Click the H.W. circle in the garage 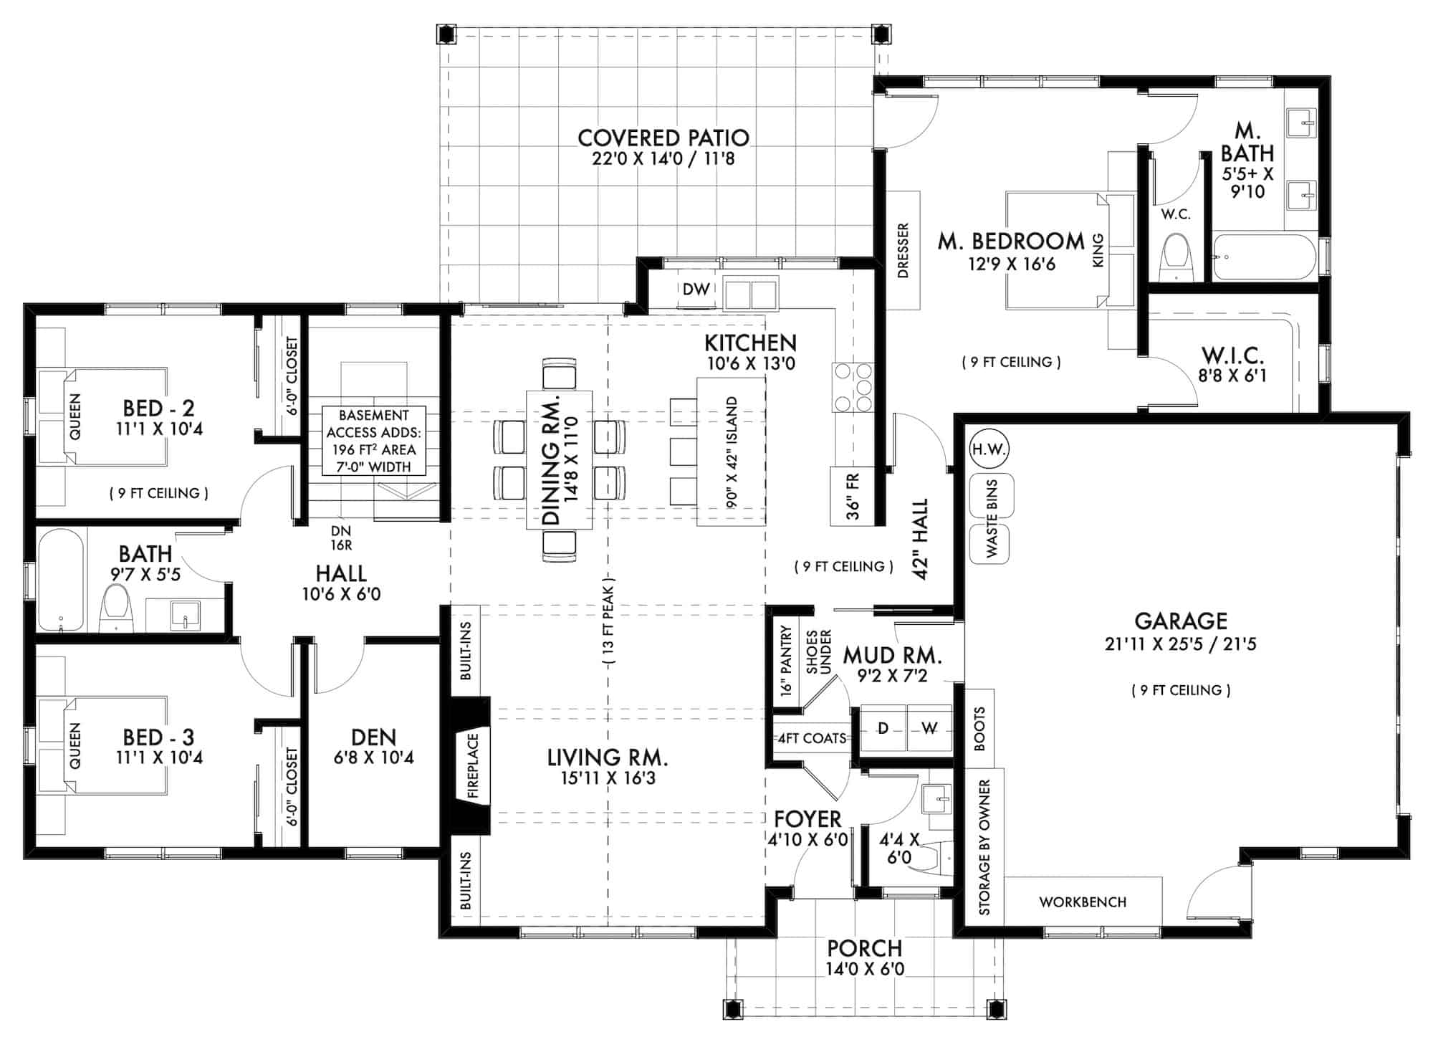(989, 450)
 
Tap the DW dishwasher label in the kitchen (696, 290)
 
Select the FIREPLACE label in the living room (472, 765)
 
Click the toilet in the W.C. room (1176, 257)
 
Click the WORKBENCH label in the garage (1082, 902)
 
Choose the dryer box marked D (883, 729)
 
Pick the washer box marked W (929, 729)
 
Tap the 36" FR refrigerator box (853, 496)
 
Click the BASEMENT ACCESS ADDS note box (373, 441)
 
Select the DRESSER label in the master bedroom (903, 250)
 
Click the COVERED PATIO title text (663, 138)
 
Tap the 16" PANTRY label (787, 661)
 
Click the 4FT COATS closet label (812, 738)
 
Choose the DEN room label (373, 746)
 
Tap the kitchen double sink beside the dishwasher (750, 294)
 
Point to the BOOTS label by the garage (979, 729)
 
